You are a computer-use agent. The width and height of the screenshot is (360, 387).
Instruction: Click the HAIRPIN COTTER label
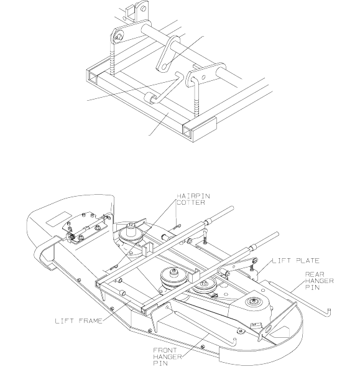click(x=193, y=200)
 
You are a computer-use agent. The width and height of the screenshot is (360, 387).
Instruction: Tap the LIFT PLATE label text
click(x=295, y=261)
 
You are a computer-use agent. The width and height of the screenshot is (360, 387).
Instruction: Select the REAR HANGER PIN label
click(x=320, y=281)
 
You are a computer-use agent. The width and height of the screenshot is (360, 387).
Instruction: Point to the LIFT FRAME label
click(x=79, y=321)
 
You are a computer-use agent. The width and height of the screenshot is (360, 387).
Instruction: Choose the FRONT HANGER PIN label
click(x=167, y=357)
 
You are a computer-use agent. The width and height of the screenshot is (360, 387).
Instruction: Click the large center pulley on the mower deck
click(x=173, y=276)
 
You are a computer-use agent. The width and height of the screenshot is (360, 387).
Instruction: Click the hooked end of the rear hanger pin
click(x=329, y=312)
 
